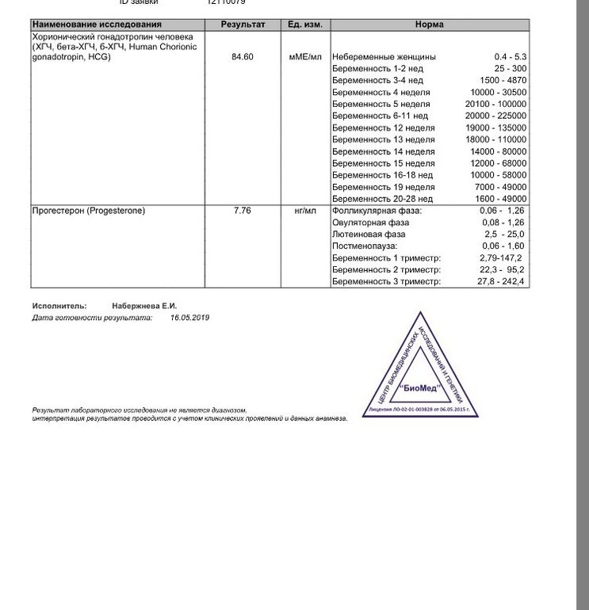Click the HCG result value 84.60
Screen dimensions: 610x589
click(243, 57)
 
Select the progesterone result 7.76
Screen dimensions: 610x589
click(243, 211)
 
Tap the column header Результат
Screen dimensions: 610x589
click(243, 25)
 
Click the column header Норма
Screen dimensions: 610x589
click(429, 25)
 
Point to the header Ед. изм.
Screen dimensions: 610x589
click(304, 25)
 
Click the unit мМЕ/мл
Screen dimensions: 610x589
click(304, 57)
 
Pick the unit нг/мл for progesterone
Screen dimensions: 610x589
click(304, 211)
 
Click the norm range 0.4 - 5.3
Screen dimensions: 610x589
click(510, 57)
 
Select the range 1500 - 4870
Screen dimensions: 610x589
click(503, 81)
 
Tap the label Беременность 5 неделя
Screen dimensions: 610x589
click(381, 105)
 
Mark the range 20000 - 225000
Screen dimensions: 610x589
click(496, 116)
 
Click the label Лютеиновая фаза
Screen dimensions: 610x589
click(369, 234)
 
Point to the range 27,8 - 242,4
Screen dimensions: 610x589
click(502, 282)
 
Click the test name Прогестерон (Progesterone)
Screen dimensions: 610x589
click(88, 211)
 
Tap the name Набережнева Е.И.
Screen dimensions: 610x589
click(143, 306)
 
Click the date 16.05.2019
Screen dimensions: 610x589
click(190, 318)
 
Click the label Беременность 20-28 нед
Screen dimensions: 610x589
click(383, 199)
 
